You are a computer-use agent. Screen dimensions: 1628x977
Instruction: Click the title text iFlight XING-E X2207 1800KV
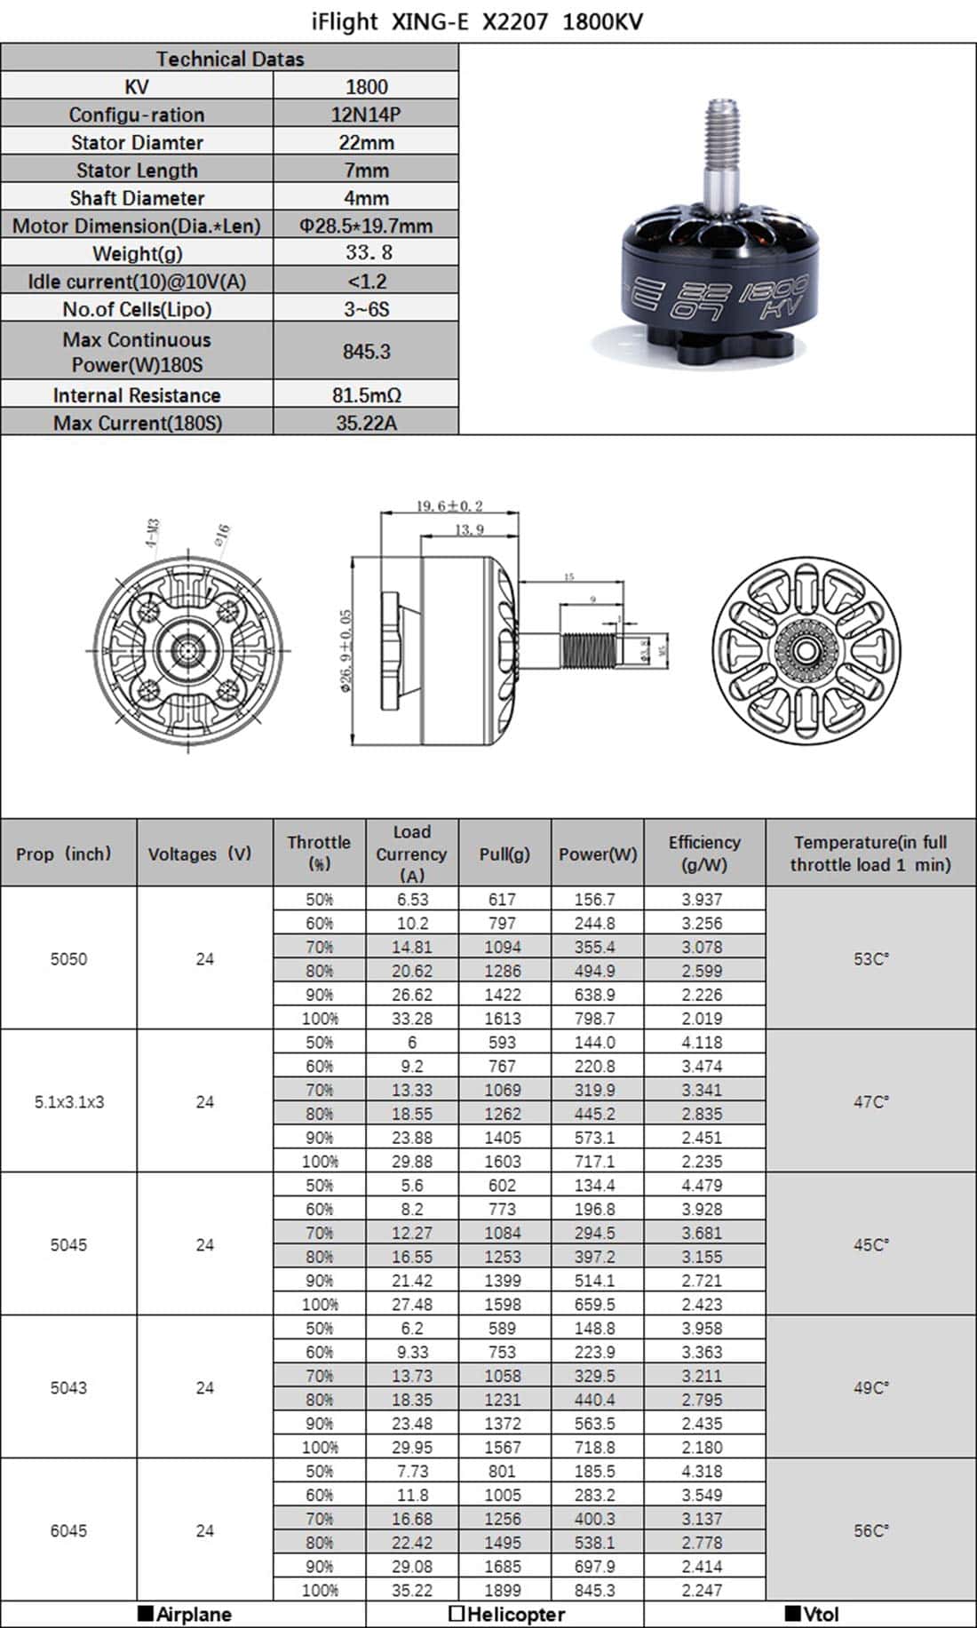[477, 21]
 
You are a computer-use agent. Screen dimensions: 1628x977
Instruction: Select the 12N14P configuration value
[366, 115]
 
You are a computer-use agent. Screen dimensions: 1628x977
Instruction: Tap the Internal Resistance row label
[137, 395]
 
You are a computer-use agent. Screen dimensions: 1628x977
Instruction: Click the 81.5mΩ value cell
[366, 395]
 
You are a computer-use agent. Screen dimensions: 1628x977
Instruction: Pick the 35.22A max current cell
[366, 423]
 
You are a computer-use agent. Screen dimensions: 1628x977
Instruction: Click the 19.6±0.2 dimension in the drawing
[449, 506]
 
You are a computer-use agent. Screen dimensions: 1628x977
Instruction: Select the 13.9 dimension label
[469, 529]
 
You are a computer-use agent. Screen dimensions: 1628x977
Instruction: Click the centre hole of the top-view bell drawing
[806, 651]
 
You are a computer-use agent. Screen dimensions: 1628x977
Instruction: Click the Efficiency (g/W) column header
[703, 853]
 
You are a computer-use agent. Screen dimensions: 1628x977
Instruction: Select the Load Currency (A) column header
[411, 853]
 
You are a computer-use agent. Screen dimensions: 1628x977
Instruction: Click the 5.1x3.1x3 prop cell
[69, 1101]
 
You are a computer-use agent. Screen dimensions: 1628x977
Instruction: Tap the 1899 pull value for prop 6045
[502, 1590]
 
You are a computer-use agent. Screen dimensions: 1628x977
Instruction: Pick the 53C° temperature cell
[870, 959]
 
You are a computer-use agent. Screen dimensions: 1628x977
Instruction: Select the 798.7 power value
[594, 1018]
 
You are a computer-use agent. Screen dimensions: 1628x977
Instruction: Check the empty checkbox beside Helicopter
[457, 1614]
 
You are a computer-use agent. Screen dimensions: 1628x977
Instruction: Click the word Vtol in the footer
[821, 1614]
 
